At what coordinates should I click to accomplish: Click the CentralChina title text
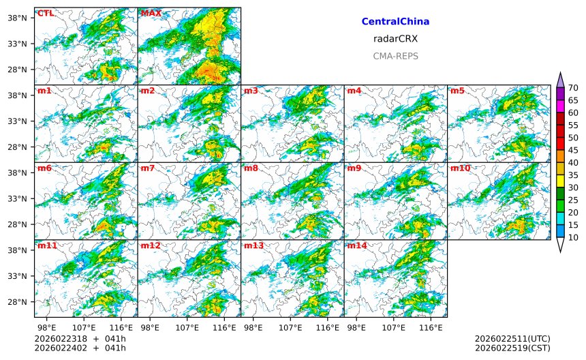point(395,22)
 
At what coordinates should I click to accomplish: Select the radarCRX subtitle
point(395,39)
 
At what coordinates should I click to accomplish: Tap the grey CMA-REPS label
point(395,56)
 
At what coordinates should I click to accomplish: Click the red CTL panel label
point(45,13)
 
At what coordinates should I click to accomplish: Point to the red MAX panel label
point(151,13)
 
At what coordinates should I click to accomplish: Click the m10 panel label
point(460,168)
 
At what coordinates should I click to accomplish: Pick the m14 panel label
point(356,245)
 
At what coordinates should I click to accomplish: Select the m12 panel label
point(150,245)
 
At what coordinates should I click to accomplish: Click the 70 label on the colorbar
point(573,88)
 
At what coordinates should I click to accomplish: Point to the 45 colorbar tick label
point(573,150)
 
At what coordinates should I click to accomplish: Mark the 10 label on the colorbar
point(573,237)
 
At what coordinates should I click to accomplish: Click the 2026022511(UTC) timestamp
point(512,339)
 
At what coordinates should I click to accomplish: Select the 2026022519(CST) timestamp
point(512,348)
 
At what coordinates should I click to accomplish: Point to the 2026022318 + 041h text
point(80,339)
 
